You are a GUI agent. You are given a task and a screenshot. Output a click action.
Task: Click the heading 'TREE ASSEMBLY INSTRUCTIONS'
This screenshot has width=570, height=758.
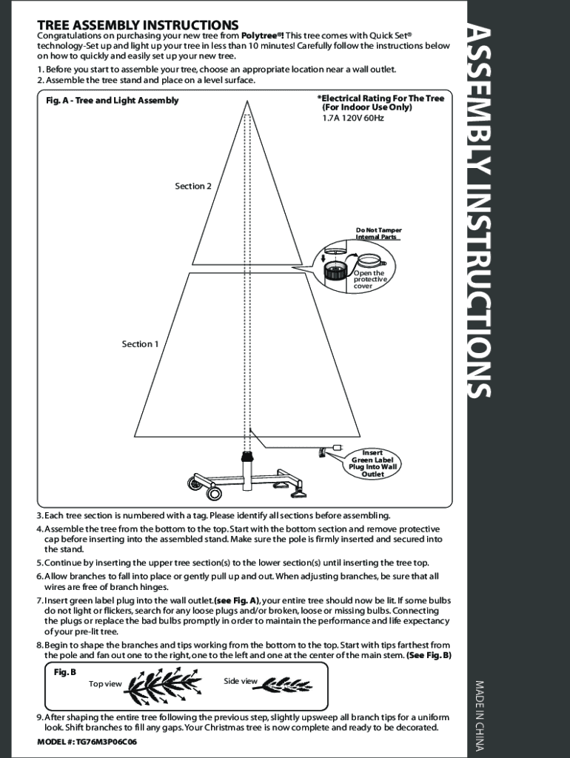click(138, 26)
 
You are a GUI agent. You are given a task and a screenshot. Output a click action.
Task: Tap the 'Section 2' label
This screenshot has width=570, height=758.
click(192, 186)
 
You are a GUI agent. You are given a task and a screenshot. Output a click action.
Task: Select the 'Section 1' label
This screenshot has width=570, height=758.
click(140, 343)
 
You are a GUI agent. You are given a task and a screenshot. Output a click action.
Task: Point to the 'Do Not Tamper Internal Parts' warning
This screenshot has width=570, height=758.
click(378, 233)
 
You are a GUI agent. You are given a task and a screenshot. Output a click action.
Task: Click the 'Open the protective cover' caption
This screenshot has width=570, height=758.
click(369, 280)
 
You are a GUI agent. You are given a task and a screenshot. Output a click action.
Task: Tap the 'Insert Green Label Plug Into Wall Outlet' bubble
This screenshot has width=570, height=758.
click(373, 463)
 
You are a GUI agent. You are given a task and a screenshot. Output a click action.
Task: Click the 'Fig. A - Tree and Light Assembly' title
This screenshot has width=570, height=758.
click(112, 101)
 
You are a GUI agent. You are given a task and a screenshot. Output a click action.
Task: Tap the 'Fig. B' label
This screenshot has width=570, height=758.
click(65, 672)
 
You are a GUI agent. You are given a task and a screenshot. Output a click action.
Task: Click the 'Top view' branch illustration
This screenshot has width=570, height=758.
click(161, 685)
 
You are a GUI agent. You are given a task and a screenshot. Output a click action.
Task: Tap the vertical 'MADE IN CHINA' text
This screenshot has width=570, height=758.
click(479, 715)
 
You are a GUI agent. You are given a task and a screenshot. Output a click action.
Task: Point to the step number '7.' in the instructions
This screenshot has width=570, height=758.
click(40, 600)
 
